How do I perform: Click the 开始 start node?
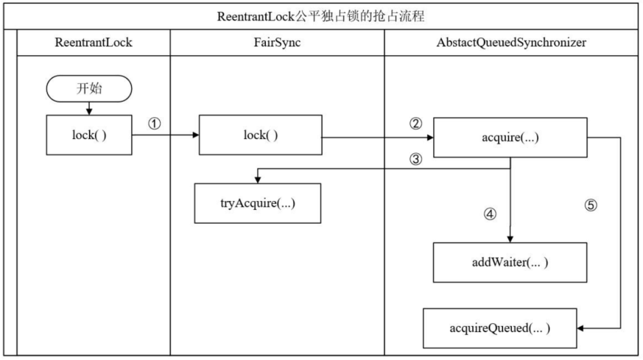click(x=89, y=88)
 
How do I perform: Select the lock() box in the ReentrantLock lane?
click(x=89, y=135)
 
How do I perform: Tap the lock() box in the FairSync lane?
click(x=261, y=135)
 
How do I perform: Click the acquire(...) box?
click(x=510, y=138)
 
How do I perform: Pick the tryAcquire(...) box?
click(x=258, y=203)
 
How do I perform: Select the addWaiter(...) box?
click(x=510, y=262)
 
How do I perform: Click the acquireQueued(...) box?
click(x=500, y=328)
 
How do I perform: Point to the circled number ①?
click(x=154, y=124)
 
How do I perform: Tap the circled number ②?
click(x=415, y=124)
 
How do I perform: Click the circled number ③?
click(x=415, y=159)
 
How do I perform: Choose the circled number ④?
click(x=490, y=214)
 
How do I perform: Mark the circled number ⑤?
click(x=591, y=205)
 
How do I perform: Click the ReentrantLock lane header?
click(x=94, y=43)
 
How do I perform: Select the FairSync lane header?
click(x=277, y=43)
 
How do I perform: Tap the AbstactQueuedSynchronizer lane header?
click(x=511, y=43)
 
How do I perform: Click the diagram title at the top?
click(x=320, y=16)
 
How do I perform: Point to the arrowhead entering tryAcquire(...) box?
click(x=258, y=180)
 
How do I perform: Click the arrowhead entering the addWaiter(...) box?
click(x=510, y=239)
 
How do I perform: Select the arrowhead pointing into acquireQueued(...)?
click(x=580, y=328)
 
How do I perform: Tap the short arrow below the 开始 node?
click(x=89, y=109)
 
